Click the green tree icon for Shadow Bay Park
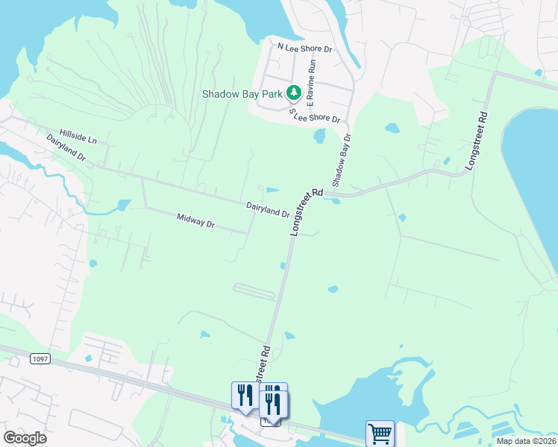click(x=294, y=93)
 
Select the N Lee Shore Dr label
click(x=304, y=46)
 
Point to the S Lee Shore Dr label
click(x=315, y=115)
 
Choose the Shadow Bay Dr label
click(x=340, y=160)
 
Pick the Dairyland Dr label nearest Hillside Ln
click(x=66, y=148)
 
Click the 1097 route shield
click(x=40, y=359)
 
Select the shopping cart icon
click(x=380, y=433)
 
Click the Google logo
click(x=25, y=438)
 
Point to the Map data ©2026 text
click(x=526, y=441)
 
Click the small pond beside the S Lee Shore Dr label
click(x=320, y=136)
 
